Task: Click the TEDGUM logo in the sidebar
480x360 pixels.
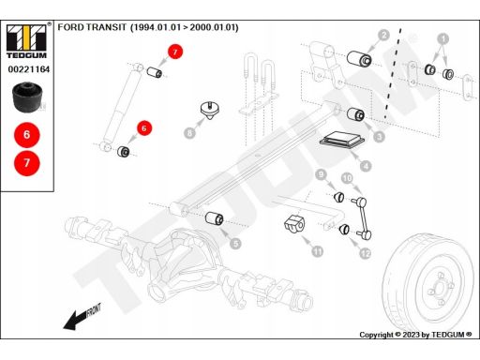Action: point(26,41)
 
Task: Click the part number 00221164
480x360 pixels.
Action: point(29,69)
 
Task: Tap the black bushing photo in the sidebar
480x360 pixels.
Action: point(27,97)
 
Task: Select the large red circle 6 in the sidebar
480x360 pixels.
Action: point(27,135)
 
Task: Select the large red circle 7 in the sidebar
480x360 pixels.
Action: point(27,163)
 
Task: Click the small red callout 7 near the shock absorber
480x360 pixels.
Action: point(175,52)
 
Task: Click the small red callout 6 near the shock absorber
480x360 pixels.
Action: point(144,128)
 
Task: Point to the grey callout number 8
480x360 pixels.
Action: point(189,133)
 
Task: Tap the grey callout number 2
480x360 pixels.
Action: point(384,35)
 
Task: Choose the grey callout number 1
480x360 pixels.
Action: point(442,39)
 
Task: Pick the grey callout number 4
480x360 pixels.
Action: point(366,166)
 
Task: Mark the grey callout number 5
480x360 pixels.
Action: point(235,244)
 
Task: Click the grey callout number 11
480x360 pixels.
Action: point(318,251)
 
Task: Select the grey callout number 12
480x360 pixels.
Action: point(365,253)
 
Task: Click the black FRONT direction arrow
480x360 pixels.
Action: point(82,317)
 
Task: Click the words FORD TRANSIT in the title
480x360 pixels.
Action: point(92,27)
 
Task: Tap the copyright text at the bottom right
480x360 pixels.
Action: point(415,335)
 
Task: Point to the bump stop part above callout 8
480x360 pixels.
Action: point(210,110)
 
